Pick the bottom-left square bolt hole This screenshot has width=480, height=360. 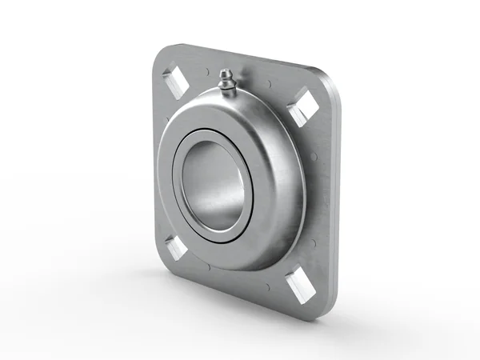[x=176, y=247]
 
